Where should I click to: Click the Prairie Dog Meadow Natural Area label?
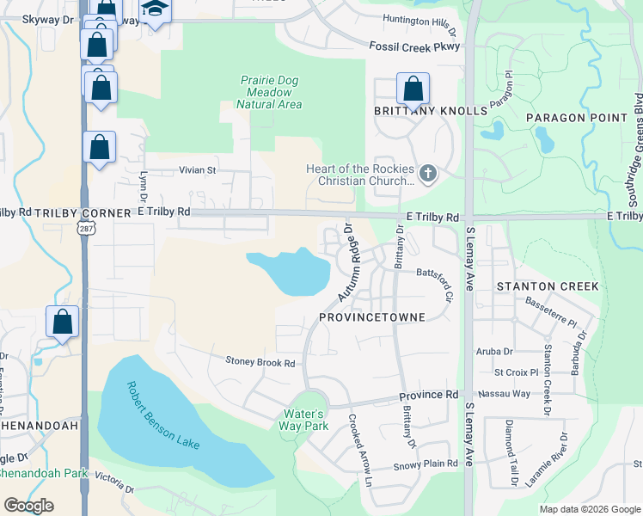click(x=269, y=92)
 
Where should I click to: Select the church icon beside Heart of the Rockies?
click(x=427, y=175)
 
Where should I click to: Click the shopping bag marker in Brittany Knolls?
click(x=413, y=89)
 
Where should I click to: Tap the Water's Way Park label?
click(x=305, y=420)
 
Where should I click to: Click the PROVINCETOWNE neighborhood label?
click(x=372, y=317)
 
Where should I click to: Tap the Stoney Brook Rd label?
click(x=260, y=363)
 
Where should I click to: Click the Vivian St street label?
click(x=197, y=170)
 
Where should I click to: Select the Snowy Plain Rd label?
click(x=426, y=464)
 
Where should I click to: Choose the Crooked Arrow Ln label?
click(x=359, y=449)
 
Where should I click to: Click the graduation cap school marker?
click(x=155, y=10)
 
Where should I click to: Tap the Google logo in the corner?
click(x=28, y=506)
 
